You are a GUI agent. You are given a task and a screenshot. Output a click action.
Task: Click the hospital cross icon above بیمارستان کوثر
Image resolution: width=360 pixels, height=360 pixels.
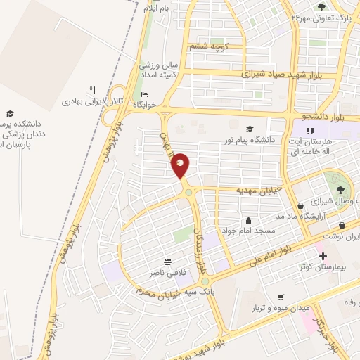tap(323, 256)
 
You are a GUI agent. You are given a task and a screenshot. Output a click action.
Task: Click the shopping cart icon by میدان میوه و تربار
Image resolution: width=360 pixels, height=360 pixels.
tap(281, 297)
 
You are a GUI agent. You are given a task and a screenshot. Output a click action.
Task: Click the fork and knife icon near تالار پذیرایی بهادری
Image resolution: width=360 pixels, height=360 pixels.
tap(92, 90)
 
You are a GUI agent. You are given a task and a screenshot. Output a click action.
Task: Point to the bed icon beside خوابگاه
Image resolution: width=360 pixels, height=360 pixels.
tap(145, 94)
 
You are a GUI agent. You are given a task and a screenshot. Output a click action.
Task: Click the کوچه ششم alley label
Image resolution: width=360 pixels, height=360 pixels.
tap(207, 46)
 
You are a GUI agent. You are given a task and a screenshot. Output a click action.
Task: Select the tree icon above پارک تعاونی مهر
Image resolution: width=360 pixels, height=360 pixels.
tap(321, 7)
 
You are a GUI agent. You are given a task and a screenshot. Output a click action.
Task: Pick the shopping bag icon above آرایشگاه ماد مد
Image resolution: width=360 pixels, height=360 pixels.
tap(301, 205)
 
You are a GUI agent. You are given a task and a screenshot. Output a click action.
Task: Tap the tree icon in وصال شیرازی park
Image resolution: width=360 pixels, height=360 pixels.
tap(340, 189)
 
